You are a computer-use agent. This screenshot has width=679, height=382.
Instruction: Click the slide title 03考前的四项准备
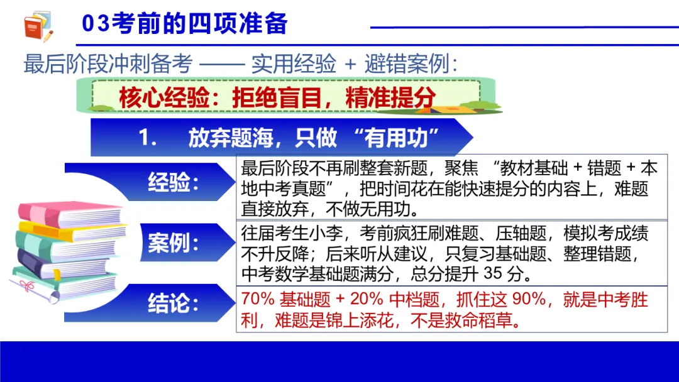(x=185, y=24)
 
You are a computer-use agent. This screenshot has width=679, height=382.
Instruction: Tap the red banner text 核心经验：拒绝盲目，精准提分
(x=277, y=97)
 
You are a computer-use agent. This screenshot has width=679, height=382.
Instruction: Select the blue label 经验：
(x=174, y=183)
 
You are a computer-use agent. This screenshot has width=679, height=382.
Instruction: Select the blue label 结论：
(x=174, y=304)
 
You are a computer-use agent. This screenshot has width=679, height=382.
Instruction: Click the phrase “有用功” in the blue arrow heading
(x=396, y=138)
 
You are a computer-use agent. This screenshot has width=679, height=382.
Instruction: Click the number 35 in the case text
(x=495, y=274)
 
